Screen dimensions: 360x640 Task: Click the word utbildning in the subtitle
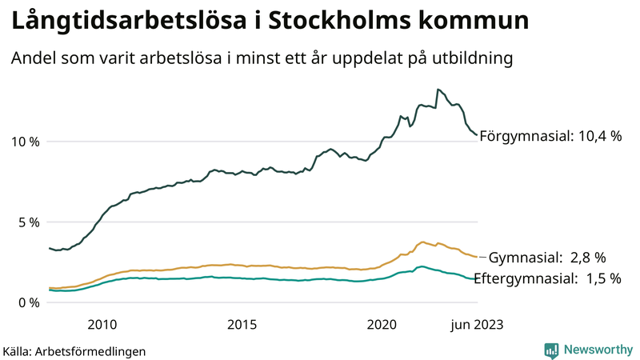(472, 59)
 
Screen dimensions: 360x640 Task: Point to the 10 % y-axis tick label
(24, 142)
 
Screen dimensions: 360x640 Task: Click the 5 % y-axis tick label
(29, 222)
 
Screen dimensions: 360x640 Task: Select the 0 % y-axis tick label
(29, 302)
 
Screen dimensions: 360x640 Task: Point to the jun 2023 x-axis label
(477, 324)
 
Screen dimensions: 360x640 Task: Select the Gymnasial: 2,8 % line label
(547, 258)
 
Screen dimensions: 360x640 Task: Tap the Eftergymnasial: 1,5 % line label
(547, 278)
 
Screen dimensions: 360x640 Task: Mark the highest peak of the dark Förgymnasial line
(437, 89)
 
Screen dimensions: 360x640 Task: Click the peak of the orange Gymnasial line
(422, 242)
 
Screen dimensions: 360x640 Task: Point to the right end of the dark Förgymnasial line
(477, 135)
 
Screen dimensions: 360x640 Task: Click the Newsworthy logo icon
(551, 350)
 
